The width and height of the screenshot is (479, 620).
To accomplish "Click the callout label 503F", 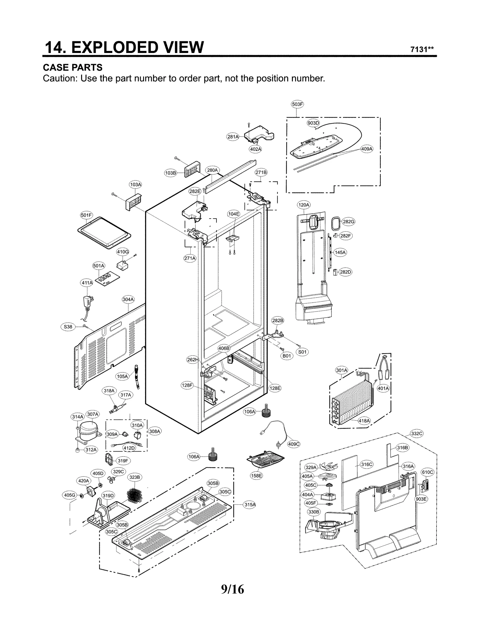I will click(x=297, y=104).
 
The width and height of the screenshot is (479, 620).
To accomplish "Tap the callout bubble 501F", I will click(x=87, y=215).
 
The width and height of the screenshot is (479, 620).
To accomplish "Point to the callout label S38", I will click(x=68, y=327).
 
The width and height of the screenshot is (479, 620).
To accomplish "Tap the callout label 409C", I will click(x=293, y=444).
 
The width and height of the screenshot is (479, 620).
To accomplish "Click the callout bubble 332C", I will click(x=416, y=433).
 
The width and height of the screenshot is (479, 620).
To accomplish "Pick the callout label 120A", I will click(x=304, y=205).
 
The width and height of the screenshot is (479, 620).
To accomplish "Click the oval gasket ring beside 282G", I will click(x=336, y=223).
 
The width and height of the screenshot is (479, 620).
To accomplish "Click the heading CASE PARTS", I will click(x=73, y=67).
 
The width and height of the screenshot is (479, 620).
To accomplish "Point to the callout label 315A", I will click(x=250, y=504).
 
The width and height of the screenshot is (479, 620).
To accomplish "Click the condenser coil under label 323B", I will click(x=134, y=495).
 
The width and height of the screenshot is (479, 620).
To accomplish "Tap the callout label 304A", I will click(x=128, y=299).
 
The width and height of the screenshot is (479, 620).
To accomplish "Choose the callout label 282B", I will click(x=278, y=320).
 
